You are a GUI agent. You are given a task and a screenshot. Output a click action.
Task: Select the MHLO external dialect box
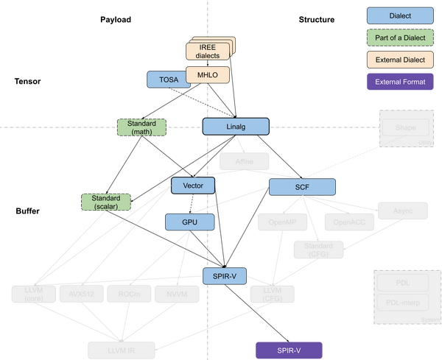(x=207, y=74)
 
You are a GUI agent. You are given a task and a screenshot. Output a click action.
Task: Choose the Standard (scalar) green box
(x=105, y=202)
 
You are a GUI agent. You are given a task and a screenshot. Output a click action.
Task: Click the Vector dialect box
(x=193, y=186)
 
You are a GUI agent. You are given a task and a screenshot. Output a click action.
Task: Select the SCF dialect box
(x=302, y=187)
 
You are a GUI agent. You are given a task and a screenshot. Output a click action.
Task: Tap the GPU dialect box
(x=189, y=222)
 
